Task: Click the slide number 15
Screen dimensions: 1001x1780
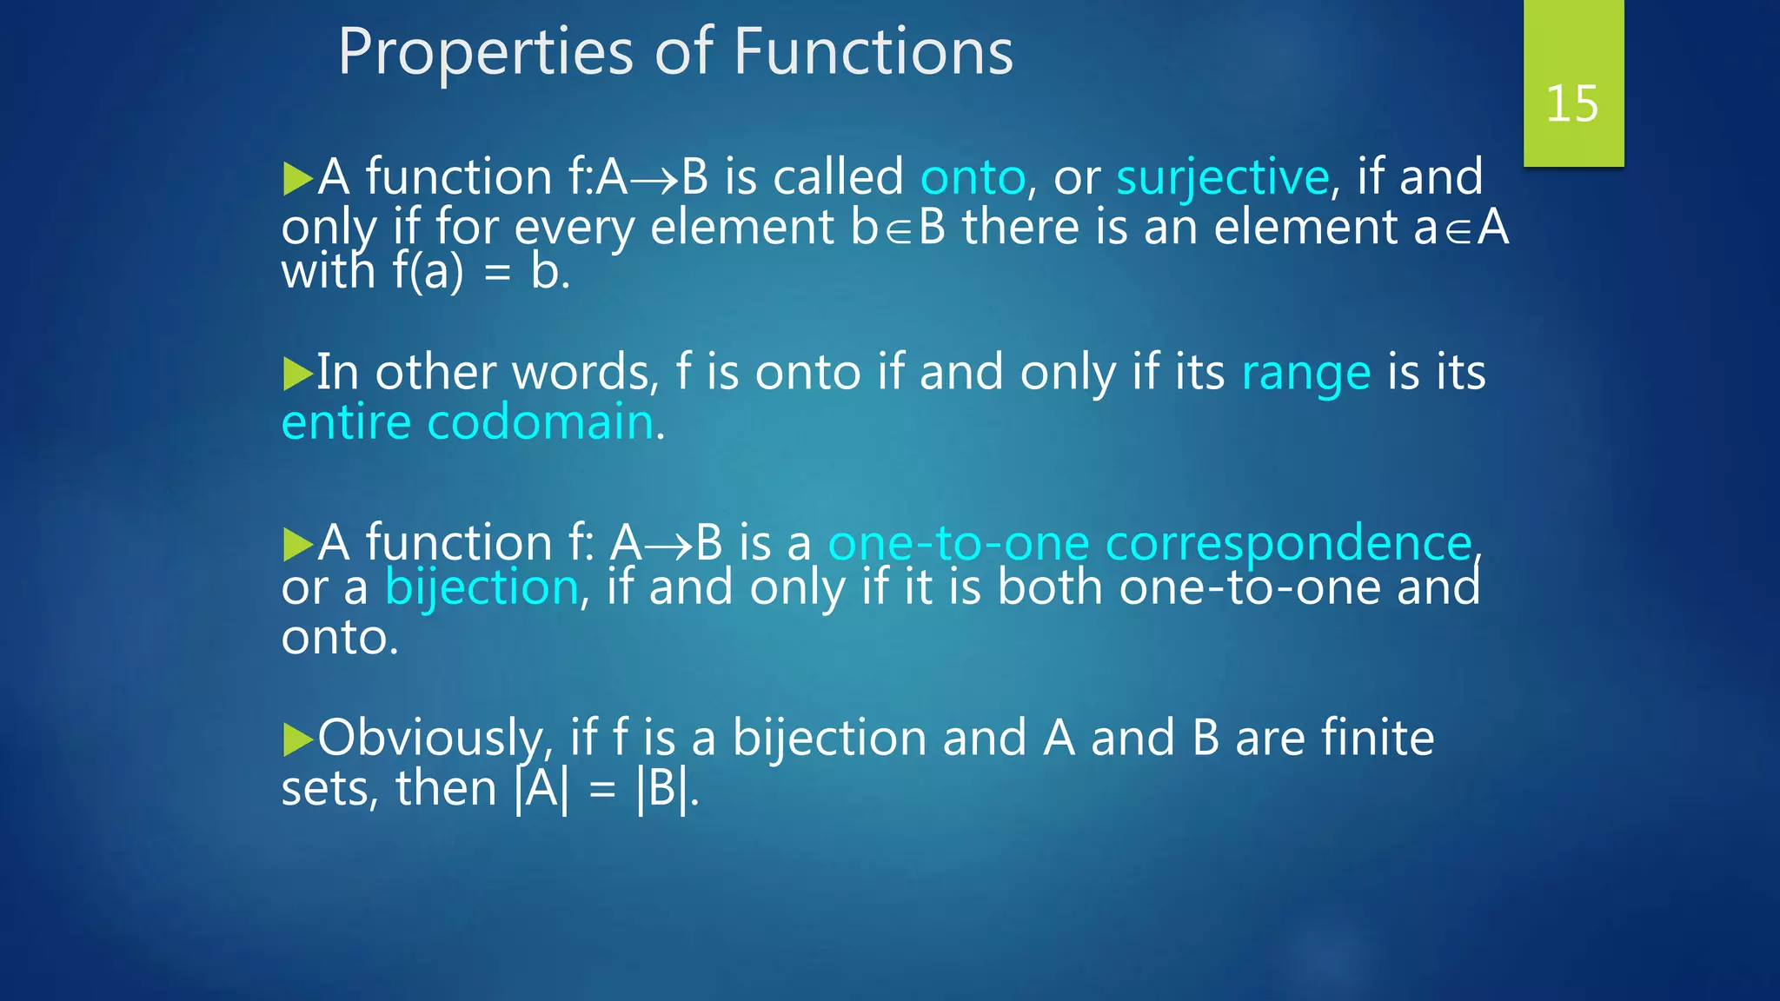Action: coord(1571,104)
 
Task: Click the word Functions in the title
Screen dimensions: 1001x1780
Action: coord(873,52)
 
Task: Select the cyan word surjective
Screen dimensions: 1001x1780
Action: coord(1222,178)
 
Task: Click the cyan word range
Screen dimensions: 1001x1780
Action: coord(1305,375)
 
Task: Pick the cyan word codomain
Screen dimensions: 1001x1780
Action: coord(540,423)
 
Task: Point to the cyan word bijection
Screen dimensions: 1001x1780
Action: coord(482,588)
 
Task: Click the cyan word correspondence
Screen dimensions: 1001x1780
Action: coord(1288,544)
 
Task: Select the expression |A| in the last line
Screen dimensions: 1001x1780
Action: coord(541,790)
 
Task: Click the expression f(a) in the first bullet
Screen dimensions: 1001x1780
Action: coord(428,272)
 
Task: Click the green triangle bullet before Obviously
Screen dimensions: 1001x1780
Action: coord(297,739)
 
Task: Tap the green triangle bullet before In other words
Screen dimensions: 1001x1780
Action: coord(297,374)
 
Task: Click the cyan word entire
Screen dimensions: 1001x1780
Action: coord(346,423)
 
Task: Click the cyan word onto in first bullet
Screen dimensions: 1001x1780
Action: coord(973,178)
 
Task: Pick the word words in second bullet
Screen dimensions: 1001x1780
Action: coord(581,374)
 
